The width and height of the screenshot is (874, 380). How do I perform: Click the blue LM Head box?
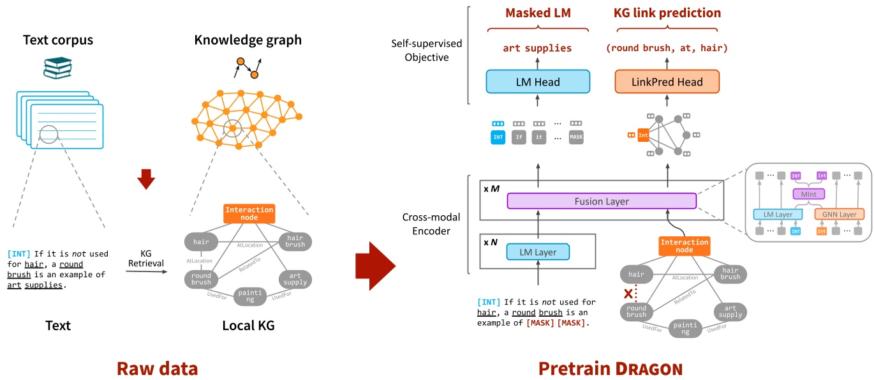coord(538,82)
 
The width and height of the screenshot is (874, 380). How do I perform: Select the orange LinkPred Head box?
coord(667,82)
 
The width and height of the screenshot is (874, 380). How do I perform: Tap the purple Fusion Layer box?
coord(601,201)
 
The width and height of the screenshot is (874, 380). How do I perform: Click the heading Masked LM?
coord(538,13)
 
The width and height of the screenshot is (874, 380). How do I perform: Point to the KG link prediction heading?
coord(667,13)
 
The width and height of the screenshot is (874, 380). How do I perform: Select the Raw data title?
coord(157,368)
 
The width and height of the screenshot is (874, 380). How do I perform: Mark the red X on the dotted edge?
coord(629,294)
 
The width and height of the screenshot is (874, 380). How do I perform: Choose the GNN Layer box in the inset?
coord(839,215)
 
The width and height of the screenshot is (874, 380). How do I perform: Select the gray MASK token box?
coord(576,137)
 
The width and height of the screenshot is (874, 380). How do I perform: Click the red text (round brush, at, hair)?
coord(667,48)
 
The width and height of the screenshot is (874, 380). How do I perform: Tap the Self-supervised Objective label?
coord(427,50)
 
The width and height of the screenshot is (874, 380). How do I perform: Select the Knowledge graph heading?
coord(248,40)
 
